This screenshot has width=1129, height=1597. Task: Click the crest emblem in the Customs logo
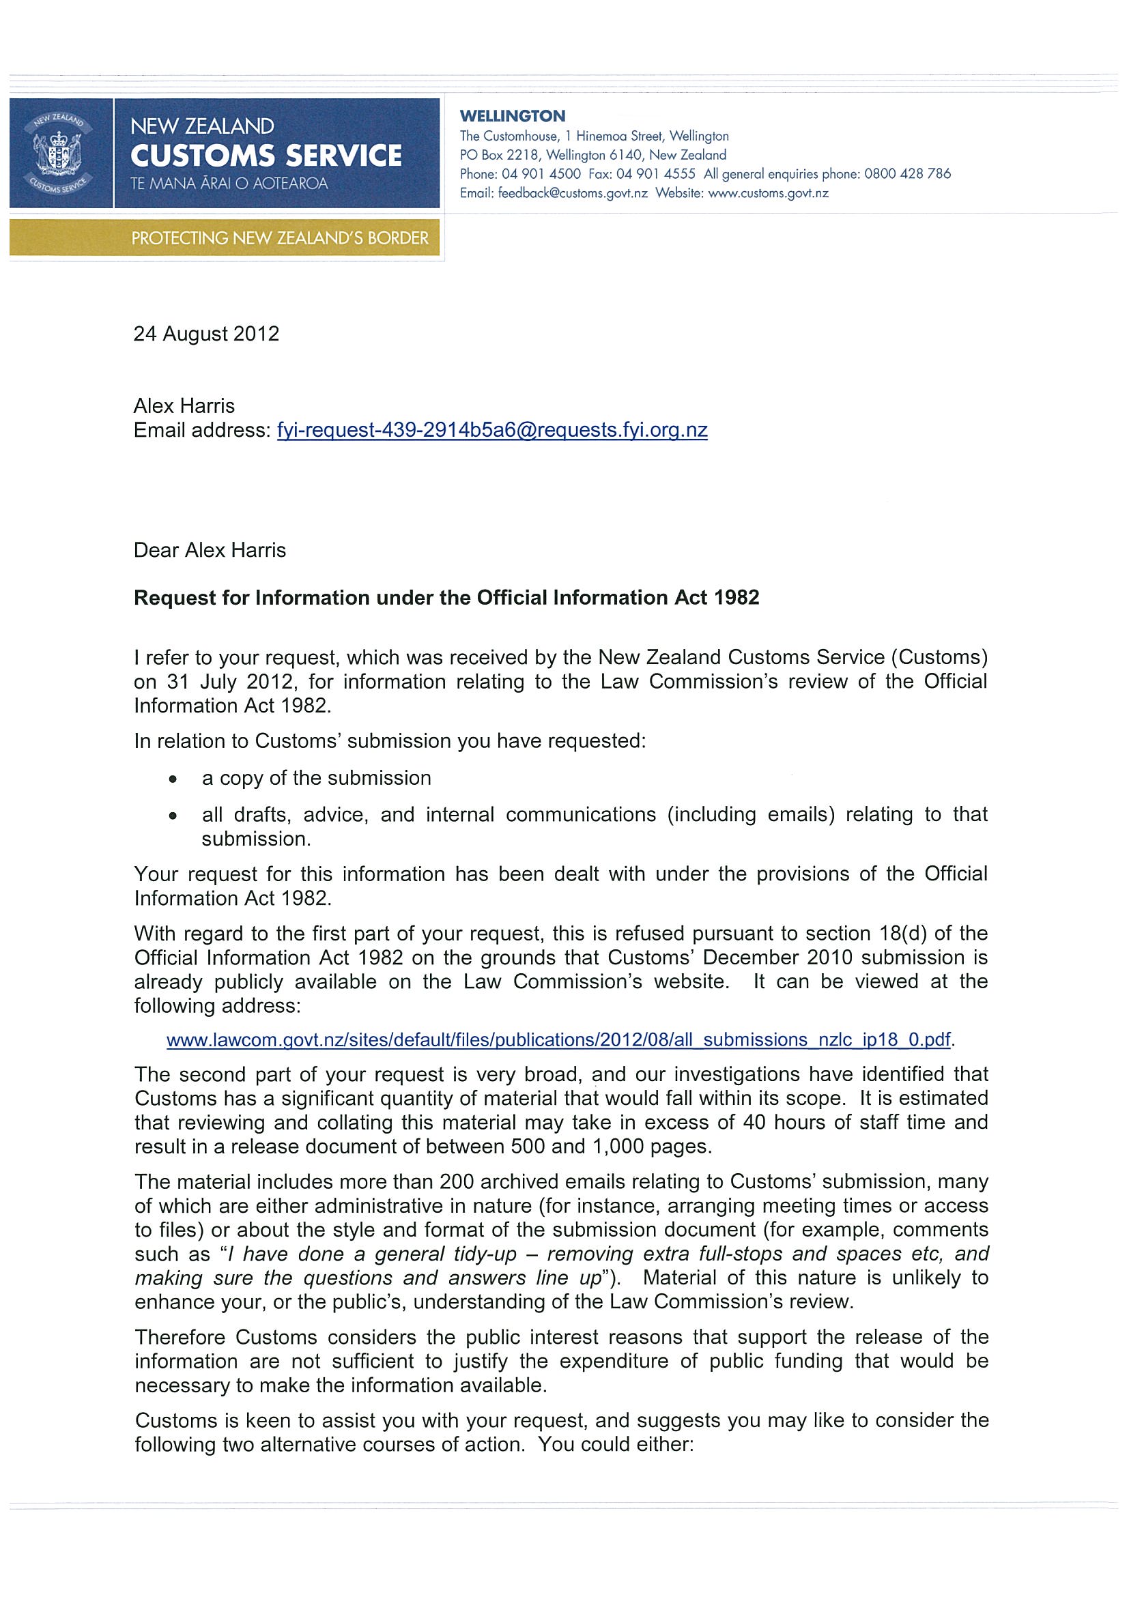[60, 153]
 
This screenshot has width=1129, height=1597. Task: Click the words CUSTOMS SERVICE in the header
[266, 156]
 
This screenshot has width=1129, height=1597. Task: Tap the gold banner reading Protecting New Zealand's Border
[280, 239]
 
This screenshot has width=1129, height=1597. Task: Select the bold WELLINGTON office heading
[512, 116]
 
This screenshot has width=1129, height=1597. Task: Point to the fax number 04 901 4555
[656, 174]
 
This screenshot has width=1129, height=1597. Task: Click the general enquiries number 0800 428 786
[907, 174]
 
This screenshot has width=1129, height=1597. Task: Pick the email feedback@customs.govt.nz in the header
[573, 193]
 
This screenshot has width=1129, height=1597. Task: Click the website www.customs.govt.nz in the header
[768, 193]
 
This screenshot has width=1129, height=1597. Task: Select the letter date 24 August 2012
[206, 334]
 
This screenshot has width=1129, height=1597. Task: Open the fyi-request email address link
[492, 431]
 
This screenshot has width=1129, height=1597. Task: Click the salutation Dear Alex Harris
[210, 551]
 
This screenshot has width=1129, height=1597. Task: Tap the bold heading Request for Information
[446, 598]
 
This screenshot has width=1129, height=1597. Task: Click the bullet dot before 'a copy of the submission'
[173, 779]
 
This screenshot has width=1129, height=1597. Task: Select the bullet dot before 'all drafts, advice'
[173, 816]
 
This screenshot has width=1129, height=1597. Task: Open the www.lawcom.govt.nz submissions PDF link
[558, 1040]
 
